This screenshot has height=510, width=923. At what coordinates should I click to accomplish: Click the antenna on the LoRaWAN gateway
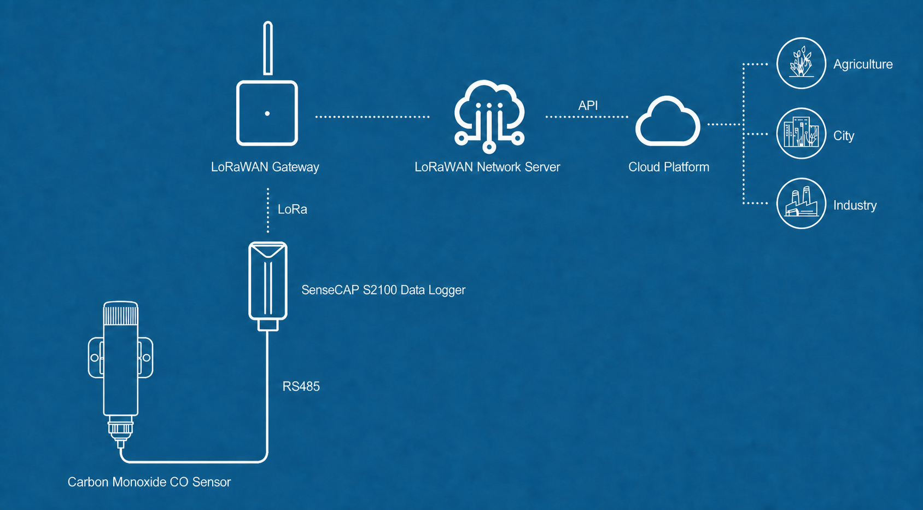pyautogui.click(x=267, y=48)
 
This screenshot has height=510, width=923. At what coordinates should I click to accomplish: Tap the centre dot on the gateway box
pyautogui.click(x=267, y=113)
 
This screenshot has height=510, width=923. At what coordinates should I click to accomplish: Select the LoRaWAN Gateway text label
pyautogui.click(x=265, y=167)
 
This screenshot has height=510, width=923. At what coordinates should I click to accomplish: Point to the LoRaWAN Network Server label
pyautogui.click(x=487, y=167)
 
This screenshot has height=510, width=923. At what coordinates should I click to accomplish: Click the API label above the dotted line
pyautogui.click(x=588, y=106)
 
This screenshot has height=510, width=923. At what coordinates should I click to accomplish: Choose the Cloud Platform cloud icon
pyautogui.click(x=668, y=121)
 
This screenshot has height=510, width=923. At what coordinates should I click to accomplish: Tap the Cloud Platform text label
pyautogui.click(x=668, y=167)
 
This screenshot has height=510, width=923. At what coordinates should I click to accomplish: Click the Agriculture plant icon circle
pyautogui.click(x=801, y=63)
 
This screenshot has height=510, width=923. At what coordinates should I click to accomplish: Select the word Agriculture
pyautogui.click(x=863, y=65)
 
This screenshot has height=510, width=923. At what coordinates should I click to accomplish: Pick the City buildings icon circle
pyautogui.click(x=801, y=133)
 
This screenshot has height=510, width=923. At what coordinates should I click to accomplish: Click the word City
pyautogui.click(x=844, y=136)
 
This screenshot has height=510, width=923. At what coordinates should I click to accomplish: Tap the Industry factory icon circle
pyautogui.click(x=801, y=203)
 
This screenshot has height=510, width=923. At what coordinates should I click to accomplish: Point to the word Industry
pyautogui.click(x=855, y=205)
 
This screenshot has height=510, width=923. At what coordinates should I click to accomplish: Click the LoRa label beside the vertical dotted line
pyautogui.click(x=292, y=210)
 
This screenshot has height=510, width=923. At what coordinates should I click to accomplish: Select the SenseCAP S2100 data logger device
pyautogui.click(x=268, y=286)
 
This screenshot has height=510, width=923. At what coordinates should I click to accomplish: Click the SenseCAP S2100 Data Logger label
pyautogui.click(x=383, y=290)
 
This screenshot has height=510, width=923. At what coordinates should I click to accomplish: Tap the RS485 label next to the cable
pyautogui.click(x=301, y=386)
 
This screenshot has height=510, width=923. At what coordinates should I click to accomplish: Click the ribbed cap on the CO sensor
pyautogui.click(x=120, y=314)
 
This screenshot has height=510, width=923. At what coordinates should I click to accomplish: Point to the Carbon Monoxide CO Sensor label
pyautogui.click(x=149, y=482)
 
